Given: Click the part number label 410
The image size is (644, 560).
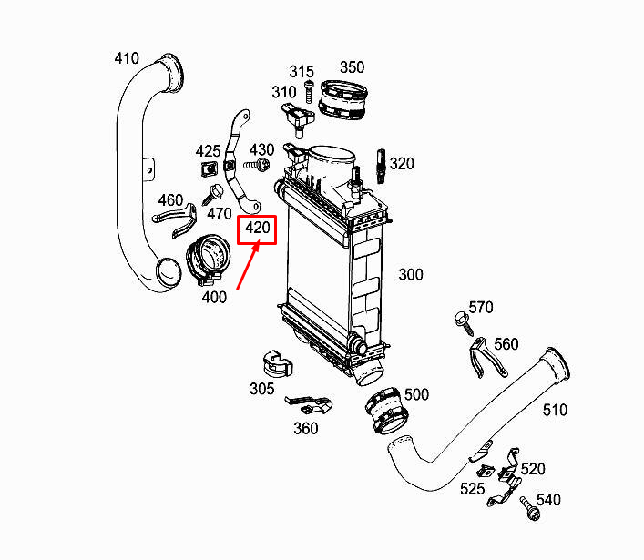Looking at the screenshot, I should click(127, 59).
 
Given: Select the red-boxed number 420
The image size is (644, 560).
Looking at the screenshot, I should click(256, 229).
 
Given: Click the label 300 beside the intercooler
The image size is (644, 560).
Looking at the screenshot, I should click(411, 274).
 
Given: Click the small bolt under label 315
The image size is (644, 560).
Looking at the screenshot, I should click(309, 90).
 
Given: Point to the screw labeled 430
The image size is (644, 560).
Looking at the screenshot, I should click(256, 165).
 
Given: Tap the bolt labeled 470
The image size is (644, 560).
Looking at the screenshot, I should click(216, 192).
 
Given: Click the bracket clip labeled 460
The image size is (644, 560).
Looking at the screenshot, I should click(178, 217).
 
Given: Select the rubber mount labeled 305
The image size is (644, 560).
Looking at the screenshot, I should click(275, 361).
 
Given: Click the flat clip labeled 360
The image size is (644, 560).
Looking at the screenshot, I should click(311, 402).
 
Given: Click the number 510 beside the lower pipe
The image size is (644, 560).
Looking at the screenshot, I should click(555, 410).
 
